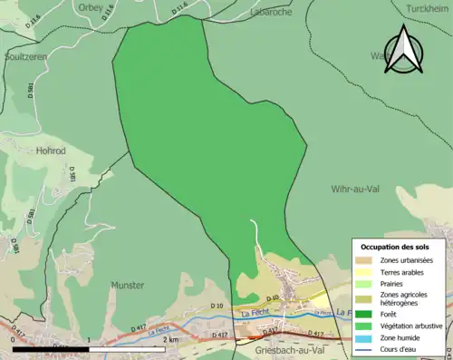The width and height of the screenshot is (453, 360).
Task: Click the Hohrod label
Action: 51,151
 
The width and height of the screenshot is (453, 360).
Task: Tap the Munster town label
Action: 127,285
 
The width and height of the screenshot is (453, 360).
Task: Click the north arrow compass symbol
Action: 405,49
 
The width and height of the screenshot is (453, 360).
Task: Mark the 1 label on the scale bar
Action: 88,339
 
